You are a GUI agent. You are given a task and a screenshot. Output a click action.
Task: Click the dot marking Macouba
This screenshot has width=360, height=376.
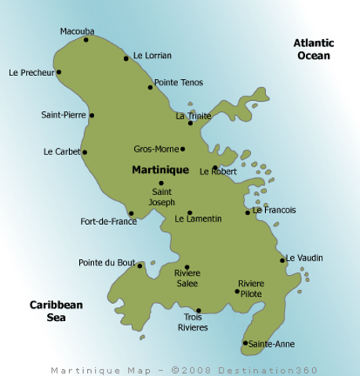tap(86, 39)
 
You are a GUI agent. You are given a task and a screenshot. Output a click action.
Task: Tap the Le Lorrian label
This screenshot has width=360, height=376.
tap(152, 56)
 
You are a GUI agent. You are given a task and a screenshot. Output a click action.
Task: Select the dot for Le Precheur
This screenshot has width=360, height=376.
tap(59, 72)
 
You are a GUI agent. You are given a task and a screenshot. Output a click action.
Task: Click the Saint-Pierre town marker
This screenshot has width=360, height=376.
tap(92, 115)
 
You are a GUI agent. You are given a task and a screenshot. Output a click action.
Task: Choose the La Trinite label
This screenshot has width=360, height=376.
tap(193, 116)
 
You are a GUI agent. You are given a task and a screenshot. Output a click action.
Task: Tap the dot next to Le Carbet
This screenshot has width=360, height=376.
tap(85, 152)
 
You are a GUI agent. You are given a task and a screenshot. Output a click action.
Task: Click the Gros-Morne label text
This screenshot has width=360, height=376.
tap(157, 148)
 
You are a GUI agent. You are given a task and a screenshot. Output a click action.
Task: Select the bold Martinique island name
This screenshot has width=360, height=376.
tap(160, 169)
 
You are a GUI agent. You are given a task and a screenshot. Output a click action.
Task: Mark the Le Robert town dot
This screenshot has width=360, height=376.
tap(215, 167)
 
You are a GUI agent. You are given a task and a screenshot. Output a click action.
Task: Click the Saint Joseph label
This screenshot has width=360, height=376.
tap(163, 197)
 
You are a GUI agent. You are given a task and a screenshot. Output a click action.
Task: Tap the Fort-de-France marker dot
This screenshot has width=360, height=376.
tap(131, 213)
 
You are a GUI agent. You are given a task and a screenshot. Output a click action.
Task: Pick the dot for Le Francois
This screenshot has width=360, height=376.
tap(248, 212)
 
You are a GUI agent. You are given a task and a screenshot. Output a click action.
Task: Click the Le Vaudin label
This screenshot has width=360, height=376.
tap(304, 257)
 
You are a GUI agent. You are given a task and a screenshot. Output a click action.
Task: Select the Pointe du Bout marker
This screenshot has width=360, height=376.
tap(140, 266)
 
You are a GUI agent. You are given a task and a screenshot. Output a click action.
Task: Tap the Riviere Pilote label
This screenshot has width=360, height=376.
tap(251, 288)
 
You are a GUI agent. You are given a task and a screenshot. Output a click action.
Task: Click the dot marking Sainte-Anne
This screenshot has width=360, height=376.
tap(245, 342)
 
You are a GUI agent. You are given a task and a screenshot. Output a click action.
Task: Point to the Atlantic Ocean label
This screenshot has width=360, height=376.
tap(314, 49)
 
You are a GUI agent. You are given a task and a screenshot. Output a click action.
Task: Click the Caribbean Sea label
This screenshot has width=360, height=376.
tap(56, 311)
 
